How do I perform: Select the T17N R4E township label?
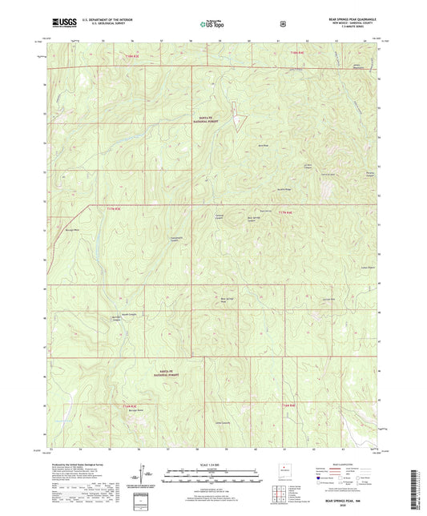[286, 212]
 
